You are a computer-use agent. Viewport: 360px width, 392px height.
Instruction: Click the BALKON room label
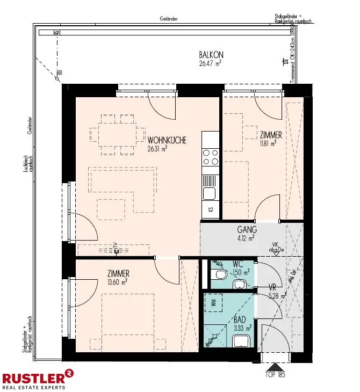click(211, 55)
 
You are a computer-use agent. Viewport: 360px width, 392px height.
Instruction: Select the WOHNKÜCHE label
click(167, 141)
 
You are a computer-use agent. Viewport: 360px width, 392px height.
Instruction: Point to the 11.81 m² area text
click(267, 143)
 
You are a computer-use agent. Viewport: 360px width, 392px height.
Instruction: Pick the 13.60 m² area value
click(117, 281)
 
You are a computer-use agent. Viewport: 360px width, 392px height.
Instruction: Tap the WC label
click(239, 264)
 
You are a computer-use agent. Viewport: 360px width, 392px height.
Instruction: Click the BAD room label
click(240, 319)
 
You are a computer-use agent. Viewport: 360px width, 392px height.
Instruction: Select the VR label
click(272, 287)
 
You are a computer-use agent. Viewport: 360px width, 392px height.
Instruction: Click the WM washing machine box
click(214, 303)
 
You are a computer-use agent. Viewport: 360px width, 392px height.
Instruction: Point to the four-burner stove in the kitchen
click(210, 157)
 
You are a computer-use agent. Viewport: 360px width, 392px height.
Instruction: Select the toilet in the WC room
click(219, 275)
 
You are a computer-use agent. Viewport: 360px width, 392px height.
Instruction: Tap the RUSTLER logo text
click(33, 377)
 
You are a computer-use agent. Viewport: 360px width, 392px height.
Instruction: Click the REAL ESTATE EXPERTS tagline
click(33, 387)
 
